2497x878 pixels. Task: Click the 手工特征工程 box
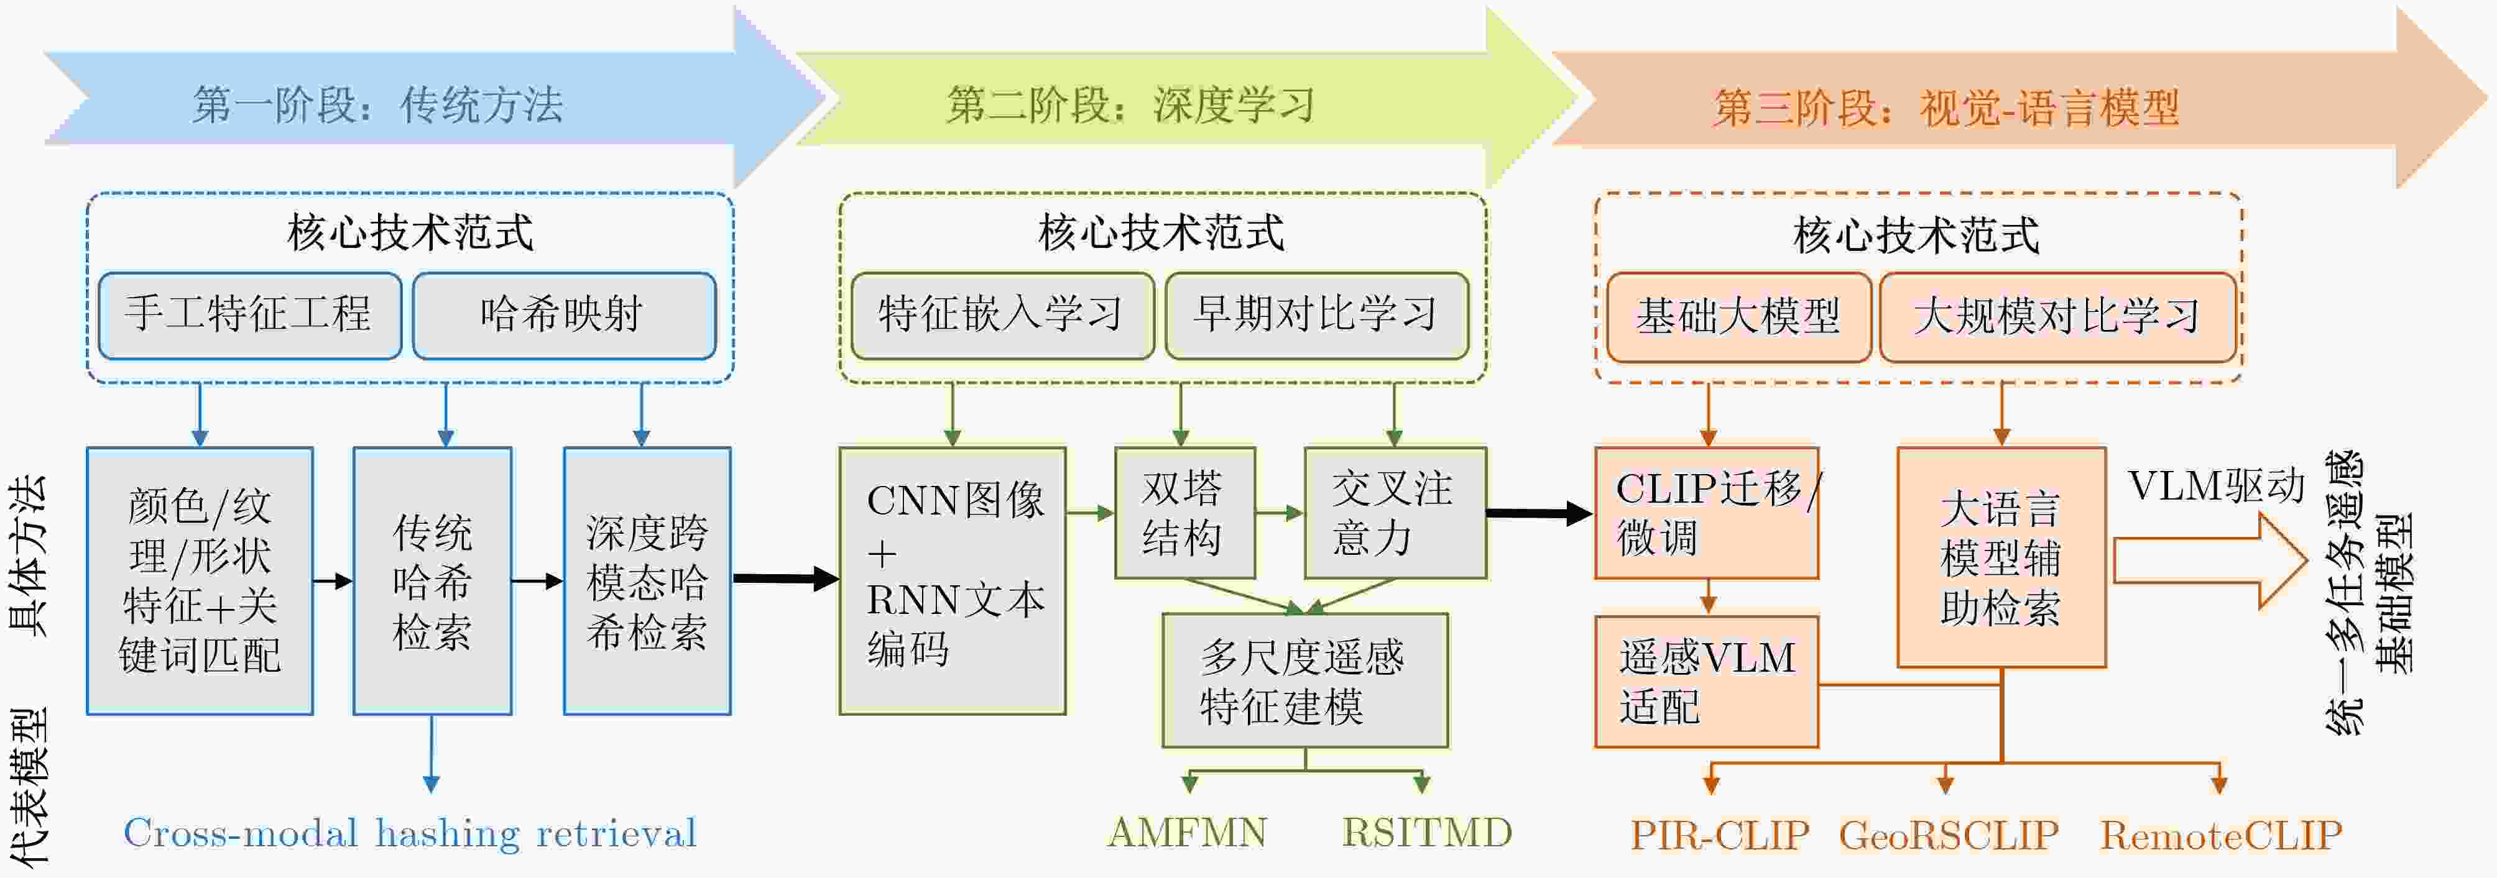point(250,316)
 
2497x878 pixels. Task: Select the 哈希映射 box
point(564,316)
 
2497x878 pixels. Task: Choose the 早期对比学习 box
point(1316,316)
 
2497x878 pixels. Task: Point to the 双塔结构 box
point(1184,513)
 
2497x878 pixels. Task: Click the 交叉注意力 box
point(1395,513)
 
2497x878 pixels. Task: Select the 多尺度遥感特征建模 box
point(1304,680)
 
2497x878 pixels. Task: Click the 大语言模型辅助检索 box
point(2001,557)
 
